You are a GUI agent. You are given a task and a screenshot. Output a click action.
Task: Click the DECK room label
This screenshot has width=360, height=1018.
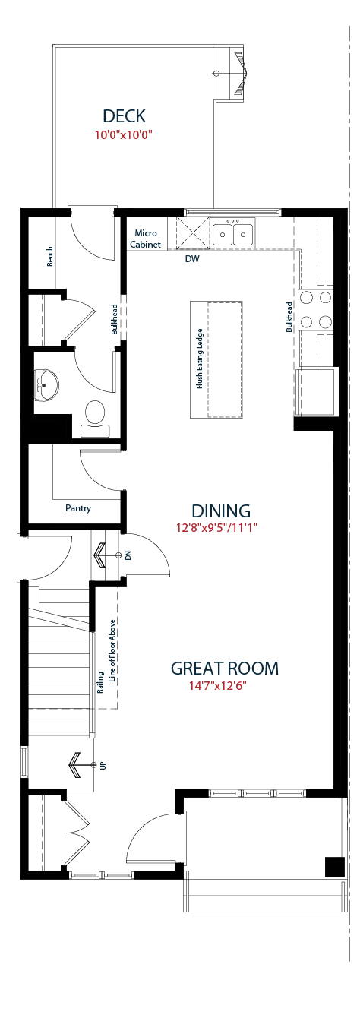pyautogui.click(x=124, y=116)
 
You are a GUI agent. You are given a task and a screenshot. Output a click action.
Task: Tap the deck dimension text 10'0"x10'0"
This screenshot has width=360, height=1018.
pyautogui.click(x=123, y=134)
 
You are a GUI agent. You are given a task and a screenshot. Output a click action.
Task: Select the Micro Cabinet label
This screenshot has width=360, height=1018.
pyautogui.click(x=146, y=239)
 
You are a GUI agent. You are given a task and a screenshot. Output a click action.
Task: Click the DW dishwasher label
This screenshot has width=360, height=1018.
pyautogui.click(x=192, y=259)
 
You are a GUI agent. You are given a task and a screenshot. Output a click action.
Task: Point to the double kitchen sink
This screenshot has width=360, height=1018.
pyautogui.click(x=232, y=232)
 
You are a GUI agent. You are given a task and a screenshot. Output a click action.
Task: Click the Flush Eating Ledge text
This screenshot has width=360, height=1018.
pyautogui.click(x=199, y=359)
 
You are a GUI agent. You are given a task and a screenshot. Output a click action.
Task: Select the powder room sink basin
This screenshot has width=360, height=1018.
pyautogui.click(x=46, y=385)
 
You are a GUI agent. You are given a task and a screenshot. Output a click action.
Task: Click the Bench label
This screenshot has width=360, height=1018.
pyautogui.click(x=49, y=256)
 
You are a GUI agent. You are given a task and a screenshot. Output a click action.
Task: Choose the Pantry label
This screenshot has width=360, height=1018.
pyautogui.click(x=78, y=508)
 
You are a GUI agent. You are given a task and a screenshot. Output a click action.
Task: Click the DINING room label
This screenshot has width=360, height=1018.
pyautogui.click(x=221, y=511)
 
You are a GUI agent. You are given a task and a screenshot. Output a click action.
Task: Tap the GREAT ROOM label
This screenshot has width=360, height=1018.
pyautogui.click(x=225, y=668)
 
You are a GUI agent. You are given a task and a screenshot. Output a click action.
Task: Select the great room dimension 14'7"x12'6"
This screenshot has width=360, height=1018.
pyautogui.click(x=218, y=685)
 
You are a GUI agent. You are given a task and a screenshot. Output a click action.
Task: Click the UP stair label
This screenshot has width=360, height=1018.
pyautogui.click(x=103, y=766)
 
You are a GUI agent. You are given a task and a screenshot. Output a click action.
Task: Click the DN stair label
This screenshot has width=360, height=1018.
pyautogui.click(x=128, y=555)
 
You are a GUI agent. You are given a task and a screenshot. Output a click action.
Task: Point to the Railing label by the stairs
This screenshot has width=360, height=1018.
pyautogui.click(x=100, y=682)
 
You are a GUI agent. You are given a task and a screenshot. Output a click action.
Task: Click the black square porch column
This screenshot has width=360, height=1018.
pyautogui.click(x=334, y=867)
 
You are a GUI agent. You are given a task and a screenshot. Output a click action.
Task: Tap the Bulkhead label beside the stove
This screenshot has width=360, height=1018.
pyautogui.click(x=289, y=318)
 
